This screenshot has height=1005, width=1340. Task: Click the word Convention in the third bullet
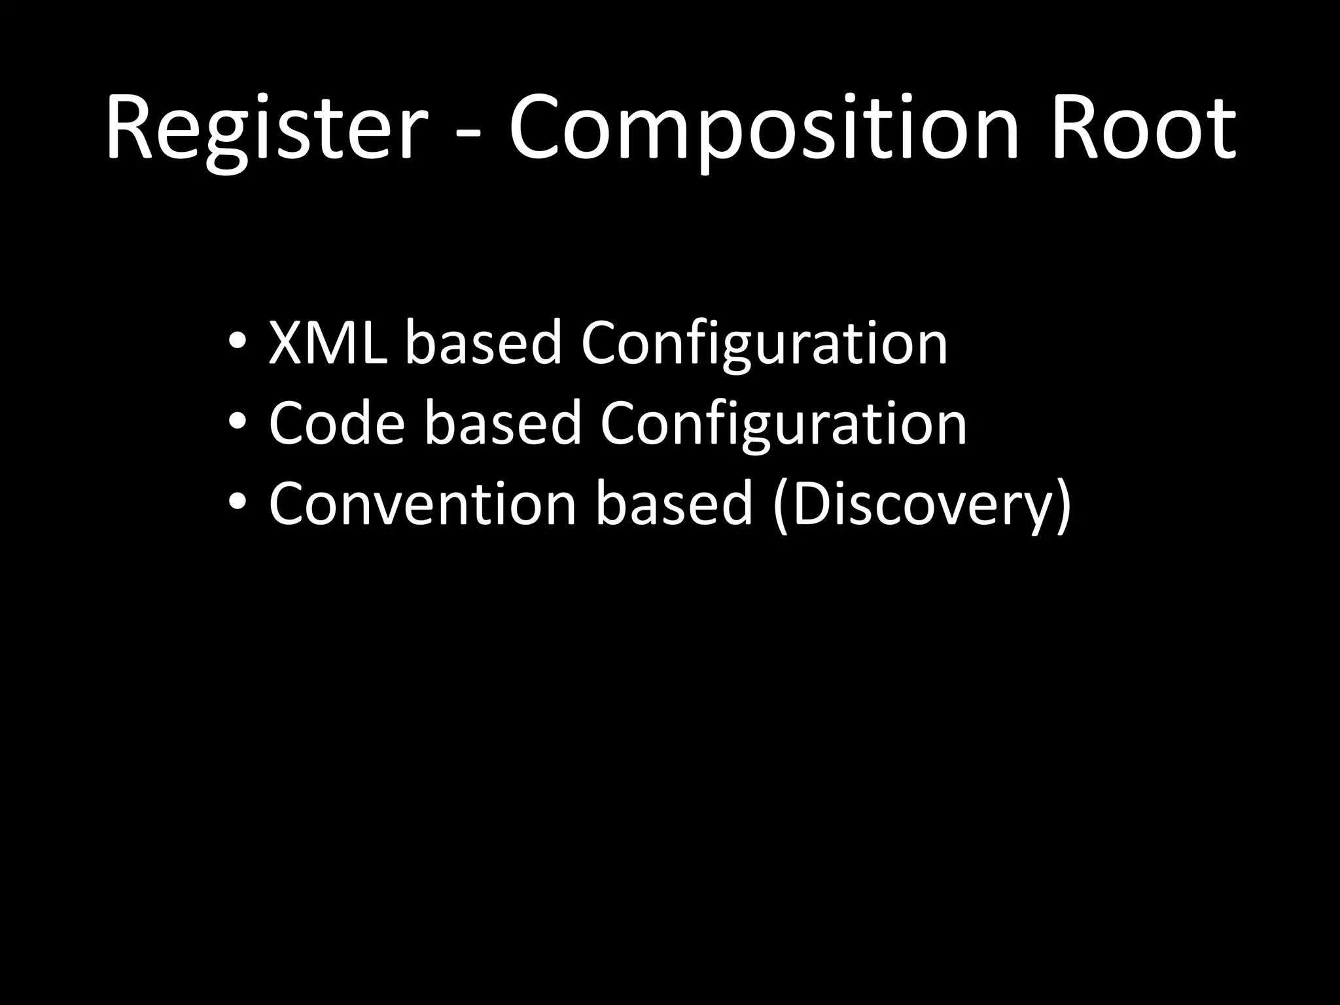pos(422,504)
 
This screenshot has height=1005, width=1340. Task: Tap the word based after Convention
pos(674,504)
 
